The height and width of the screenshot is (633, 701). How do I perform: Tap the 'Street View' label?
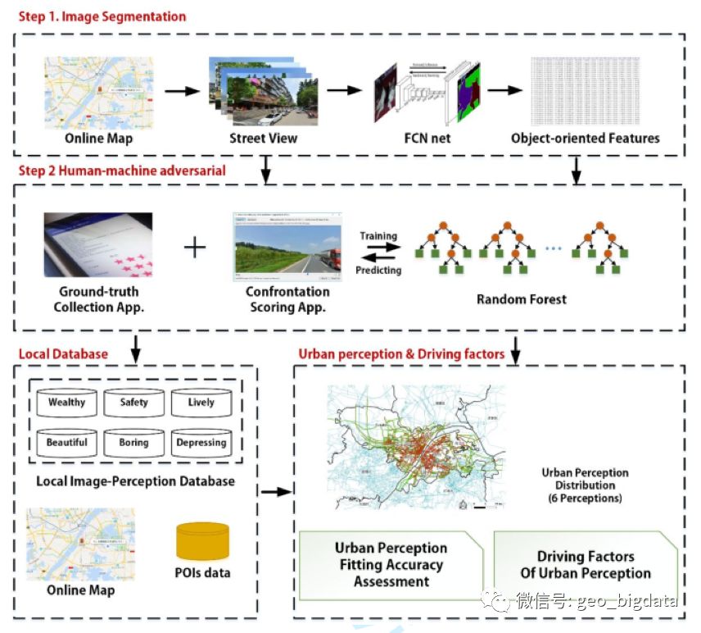coord(263,138)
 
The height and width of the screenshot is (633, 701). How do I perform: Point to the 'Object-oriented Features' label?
coord(585,138)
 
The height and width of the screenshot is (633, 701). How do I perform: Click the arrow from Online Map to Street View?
coord(181,90)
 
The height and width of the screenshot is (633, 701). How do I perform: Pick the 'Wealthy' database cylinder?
coord(66,403)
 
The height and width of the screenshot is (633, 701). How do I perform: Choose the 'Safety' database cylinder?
coord(133,403)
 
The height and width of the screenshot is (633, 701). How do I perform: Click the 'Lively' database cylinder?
coord(201,403)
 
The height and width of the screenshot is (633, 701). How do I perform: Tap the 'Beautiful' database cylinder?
coord(66,443)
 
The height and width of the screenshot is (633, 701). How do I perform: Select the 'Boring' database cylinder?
coord(133,443)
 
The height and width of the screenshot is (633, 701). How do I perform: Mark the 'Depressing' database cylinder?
coord(201,443)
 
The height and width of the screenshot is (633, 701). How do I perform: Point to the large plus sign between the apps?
coord(193,246)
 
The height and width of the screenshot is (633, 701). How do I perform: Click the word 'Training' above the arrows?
coord(378,236)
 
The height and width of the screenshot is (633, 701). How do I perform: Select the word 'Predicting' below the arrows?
coord(378,270)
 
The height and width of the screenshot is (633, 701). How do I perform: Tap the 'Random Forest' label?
coord(521,299)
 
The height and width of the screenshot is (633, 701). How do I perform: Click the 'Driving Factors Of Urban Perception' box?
coord(586,565)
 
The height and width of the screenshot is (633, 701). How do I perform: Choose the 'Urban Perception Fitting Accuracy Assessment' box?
coord(391,564)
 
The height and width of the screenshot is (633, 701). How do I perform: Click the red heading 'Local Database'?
coord(63,354)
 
